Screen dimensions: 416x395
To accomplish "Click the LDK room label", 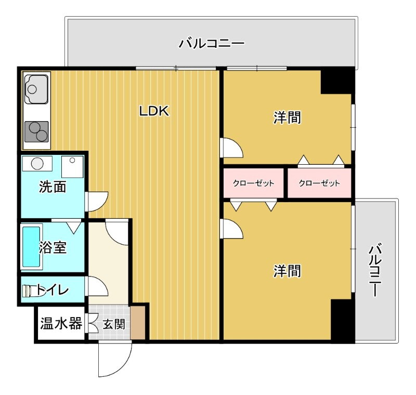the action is click(154, 111).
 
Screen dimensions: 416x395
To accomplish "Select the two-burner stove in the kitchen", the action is click(36, 132).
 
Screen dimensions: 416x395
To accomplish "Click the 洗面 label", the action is click(53, 187).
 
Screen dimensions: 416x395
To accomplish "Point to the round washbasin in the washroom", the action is click(37, 163).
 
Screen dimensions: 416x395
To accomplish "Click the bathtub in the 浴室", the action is click(31, 247).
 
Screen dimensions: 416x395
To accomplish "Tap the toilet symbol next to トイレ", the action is click(29, 290).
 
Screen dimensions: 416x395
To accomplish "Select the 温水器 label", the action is click(61, 323).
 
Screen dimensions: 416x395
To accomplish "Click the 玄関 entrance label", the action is click(114, 324).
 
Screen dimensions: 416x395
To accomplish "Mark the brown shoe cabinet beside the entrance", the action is click(137, 323).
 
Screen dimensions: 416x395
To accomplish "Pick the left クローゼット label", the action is click(253, 183).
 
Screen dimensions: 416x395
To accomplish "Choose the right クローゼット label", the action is click(319, 183).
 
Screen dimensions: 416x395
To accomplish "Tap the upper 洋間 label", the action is click(288, 117).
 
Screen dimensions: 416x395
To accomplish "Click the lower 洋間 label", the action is click(288, 271).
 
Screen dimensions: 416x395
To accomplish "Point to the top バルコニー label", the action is click(211, 44).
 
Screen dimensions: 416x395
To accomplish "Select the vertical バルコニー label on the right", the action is click(375, 270).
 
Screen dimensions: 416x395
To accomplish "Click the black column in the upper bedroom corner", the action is click(337, 82).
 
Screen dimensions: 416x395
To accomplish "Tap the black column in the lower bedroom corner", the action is click(343, 320).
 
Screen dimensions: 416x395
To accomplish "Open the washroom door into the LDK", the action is click(97, 202).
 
